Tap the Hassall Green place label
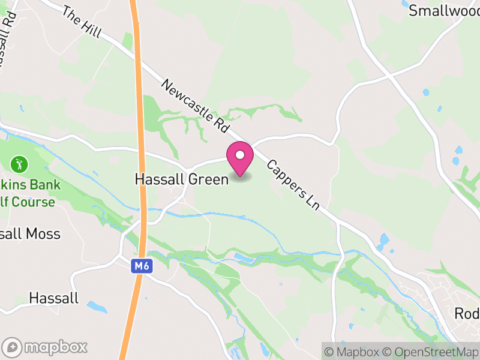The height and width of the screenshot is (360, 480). point(182,179)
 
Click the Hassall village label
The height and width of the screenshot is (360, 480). point(53,298)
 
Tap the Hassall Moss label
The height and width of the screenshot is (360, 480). point(30,233)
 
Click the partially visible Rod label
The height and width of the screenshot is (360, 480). point(466,314)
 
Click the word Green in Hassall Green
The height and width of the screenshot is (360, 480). point(210,179)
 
